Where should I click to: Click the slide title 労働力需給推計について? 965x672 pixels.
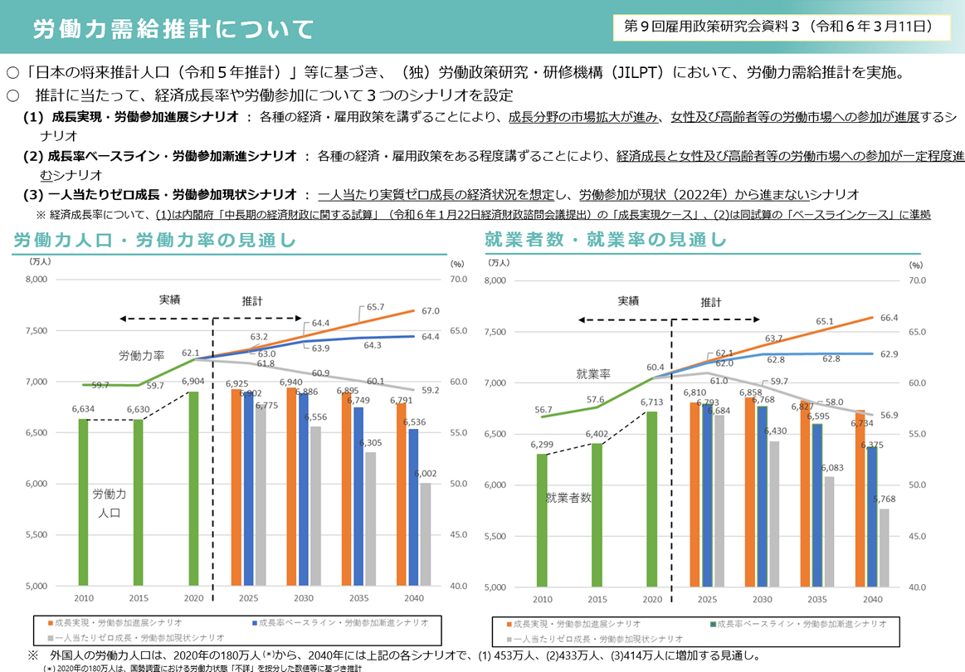tap(173, 30)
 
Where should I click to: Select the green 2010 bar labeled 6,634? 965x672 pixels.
tap(83, 502)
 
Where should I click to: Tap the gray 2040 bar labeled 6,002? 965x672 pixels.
tap(425, 534)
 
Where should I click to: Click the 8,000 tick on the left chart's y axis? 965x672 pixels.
tap(38, 280)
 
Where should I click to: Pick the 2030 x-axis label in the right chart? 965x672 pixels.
tap(761, 599)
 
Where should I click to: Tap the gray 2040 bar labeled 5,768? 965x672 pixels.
tap(884, 548)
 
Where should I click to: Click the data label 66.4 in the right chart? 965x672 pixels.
tap(889, 318)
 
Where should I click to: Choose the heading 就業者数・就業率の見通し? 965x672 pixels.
tap(606, 241)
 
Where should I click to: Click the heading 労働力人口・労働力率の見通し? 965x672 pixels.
tap(155, 241)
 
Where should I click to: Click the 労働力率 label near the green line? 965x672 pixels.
tap(141, 355)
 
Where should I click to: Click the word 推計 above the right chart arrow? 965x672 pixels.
tap(710, 303)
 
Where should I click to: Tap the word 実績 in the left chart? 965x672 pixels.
tap(170, 299)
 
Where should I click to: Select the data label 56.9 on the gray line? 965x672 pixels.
tap(889, 416)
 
